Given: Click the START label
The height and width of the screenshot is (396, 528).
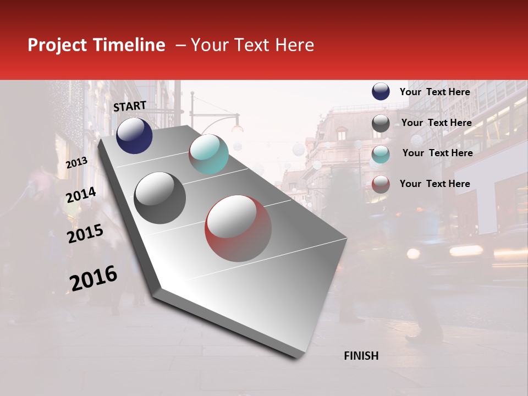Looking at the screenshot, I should tap(130, 106).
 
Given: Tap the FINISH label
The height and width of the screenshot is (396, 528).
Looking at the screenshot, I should tap(361, 356).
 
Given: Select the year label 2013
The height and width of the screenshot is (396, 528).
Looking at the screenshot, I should tap(76, 163).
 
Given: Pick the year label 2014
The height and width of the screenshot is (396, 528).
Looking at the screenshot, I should tap(81, 195).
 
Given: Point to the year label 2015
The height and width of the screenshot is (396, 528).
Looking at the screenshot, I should tap(85, 234).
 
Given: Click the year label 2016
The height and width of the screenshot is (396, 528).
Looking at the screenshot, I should tap(94, 278).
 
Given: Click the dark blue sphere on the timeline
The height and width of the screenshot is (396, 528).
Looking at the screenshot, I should tap(134, 135).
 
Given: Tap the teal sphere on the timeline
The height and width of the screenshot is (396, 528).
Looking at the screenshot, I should tap(208, 154).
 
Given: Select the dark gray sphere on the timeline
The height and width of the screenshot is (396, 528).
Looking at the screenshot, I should tap(160, 198).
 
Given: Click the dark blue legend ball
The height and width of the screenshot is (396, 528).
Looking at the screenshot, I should tap(381, 91).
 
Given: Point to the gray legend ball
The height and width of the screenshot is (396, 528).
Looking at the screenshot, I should tap(381, 123).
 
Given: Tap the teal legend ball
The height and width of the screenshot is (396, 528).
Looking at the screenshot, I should tap(381, 154).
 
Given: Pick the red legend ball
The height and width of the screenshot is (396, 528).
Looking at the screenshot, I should tap(381, 184).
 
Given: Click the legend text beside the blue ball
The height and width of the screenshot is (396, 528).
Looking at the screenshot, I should tap(435, 92).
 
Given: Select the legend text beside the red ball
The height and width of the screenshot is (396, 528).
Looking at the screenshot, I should tap(435, 184).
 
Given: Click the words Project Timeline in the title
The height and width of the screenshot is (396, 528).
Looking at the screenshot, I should tap(96, 45).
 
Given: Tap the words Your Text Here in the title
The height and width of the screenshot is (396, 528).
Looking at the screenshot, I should tap(252, 45).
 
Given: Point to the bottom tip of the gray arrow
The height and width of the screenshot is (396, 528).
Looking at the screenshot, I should tap(297, 358).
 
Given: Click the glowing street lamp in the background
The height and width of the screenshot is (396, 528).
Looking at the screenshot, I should tap(237, 128).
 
